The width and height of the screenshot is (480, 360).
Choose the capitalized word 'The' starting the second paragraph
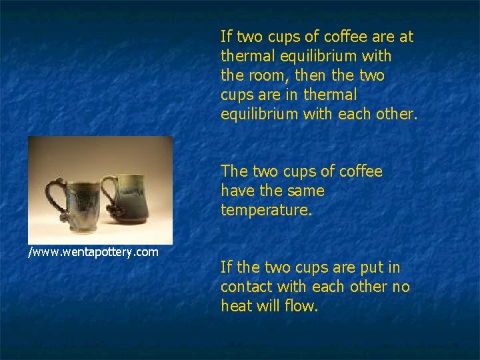coord(235,171)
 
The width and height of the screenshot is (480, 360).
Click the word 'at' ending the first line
coord(405,37)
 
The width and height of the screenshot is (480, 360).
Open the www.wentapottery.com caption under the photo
coord(93,251)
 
